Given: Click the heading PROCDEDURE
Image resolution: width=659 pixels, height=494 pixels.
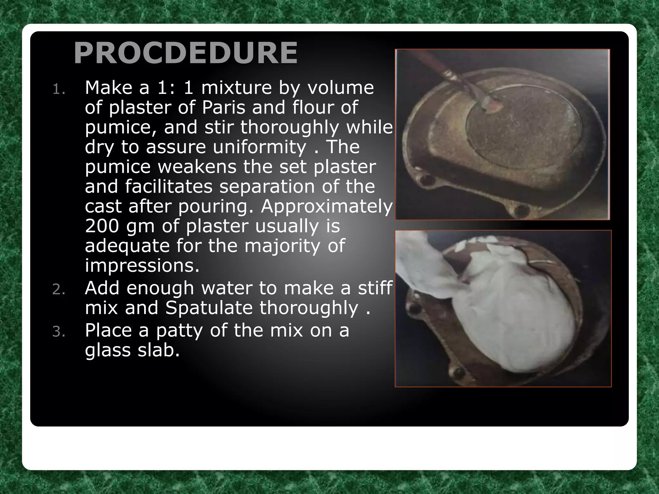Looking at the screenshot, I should (185, 53).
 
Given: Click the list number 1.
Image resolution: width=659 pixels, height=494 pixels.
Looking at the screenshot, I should (59, 89).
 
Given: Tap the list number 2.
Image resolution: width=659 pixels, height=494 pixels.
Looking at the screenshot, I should (59, 290).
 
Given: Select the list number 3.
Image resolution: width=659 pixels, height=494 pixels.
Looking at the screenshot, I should (59, 332).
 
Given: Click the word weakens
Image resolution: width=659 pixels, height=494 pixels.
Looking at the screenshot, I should (194, 167).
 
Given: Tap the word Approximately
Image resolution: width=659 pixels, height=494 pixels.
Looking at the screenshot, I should (327, 206).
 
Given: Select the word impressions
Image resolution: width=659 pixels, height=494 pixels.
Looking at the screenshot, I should (142, 266).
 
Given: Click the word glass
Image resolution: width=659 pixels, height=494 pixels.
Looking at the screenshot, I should (108, 351).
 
